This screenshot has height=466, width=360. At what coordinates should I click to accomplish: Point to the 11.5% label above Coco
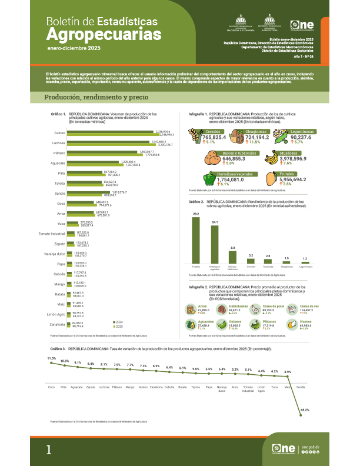coord(52,358)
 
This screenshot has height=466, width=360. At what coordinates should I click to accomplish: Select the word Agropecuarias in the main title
coord(104,35)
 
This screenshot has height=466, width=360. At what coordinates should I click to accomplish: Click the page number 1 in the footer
coord(49,450)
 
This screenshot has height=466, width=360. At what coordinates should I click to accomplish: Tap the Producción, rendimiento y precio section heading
coord(95,97)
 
